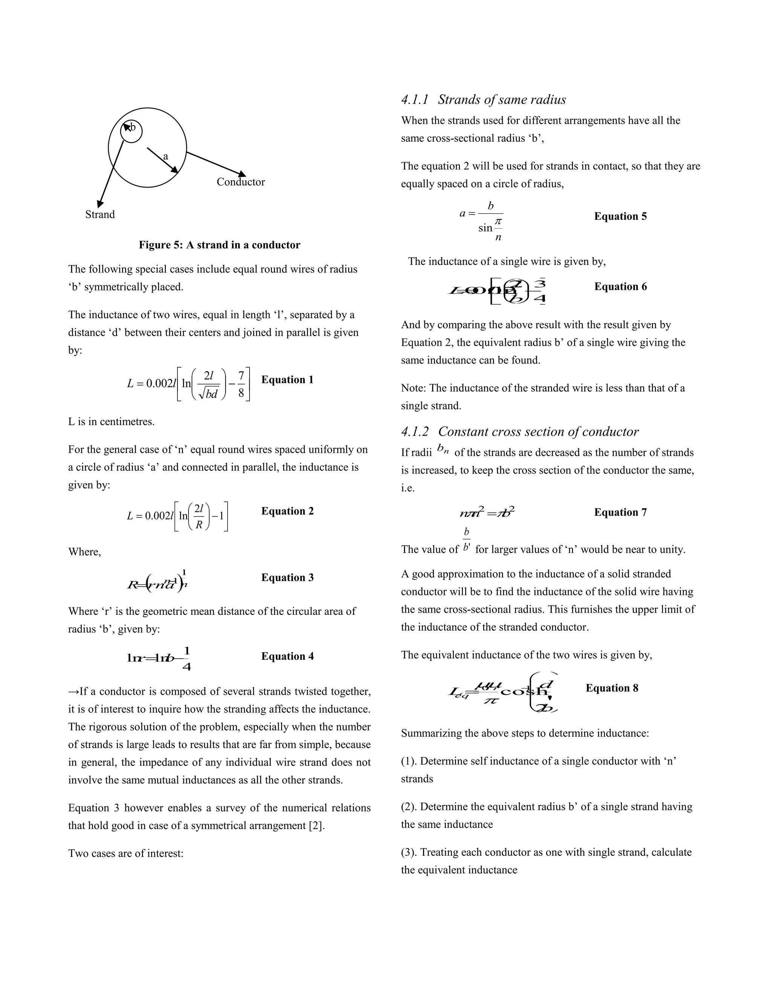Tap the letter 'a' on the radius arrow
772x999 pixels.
(165, 156)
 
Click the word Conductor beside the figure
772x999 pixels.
(240, 182)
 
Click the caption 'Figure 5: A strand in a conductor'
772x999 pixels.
(219, 245)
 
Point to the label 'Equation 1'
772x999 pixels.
(287, 380)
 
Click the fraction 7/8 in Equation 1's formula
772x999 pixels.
(241, 384)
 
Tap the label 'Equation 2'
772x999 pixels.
(287, 511)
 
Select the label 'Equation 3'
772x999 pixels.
(287, 577)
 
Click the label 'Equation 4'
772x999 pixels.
(287, 656)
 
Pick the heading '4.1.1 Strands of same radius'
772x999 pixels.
(483, 100)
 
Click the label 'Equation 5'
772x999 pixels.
(620, 216)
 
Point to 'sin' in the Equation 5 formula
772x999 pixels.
(485, 228)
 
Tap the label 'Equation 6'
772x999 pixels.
(620, 287)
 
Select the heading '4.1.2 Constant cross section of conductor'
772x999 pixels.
(519, 432)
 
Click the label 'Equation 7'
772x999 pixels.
(620, 512)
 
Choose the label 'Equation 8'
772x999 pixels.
(611, 688)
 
